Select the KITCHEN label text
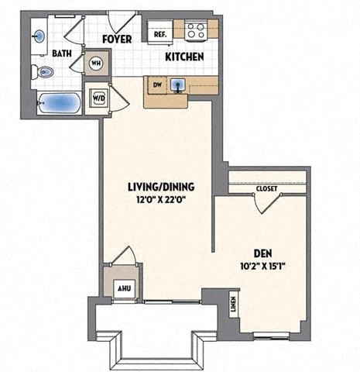(184, 57)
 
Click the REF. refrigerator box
(160, 34)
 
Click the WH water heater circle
(97, 64)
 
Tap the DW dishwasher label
(156, 84)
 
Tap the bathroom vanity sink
(39, 34)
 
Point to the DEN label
(263, 253)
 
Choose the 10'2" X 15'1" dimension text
(264, 267)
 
